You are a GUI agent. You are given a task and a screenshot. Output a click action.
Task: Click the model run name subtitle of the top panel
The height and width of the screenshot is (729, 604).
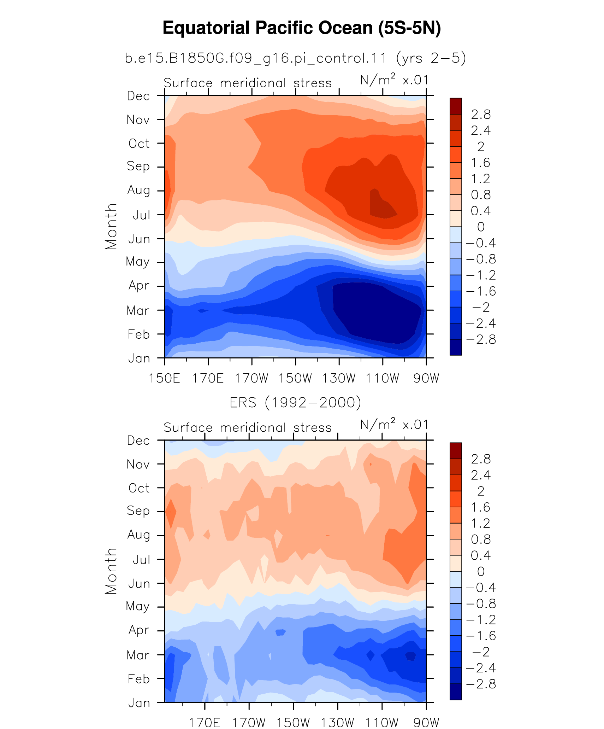tap(296, 58)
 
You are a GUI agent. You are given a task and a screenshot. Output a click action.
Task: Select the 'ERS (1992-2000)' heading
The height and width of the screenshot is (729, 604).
tap(296, 403)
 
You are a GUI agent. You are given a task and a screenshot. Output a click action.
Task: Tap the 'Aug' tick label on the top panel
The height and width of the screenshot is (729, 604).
tap(138, 191)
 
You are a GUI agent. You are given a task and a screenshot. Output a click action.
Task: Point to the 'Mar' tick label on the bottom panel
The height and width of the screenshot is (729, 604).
tap(138, 655)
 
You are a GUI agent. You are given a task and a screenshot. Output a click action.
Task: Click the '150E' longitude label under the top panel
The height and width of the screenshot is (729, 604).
tap(164, 378)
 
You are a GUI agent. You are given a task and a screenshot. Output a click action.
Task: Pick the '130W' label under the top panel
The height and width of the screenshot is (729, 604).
tap(339, 378)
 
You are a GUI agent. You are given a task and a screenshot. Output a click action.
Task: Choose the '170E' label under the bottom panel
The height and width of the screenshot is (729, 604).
tap(205, 723)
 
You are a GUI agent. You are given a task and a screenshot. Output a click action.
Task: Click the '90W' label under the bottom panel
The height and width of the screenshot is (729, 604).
tap(426, 723)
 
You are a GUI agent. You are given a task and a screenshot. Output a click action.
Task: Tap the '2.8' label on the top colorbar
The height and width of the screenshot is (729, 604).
tap(481, 115)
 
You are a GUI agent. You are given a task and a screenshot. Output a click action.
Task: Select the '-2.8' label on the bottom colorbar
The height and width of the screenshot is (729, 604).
tap(481, 684)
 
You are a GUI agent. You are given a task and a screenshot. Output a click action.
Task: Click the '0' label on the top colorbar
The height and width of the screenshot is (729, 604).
tap(481, 227)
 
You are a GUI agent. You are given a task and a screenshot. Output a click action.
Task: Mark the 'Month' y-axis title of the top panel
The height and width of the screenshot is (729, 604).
tap(111, 227)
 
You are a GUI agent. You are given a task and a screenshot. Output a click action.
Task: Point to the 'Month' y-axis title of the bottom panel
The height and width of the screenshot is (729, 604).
tap(111, 571)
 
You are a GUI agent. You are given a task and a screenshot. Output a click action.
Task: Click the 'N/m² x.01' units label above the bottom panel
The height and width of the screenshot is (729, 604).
tap(394, 424)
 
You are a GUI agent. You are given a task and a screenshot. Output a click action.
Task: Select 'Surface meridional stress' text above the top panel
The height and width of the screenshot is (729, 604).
tap(248, 83)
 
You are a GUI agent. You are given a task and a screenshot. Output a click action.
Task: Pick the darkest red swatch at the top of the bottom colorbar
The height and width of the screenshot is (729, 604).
tap(456, 451)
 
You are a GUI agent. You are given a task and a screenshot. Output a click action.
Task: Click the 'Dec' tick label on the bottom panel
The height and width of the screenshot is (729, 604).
tap(138, 441)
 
